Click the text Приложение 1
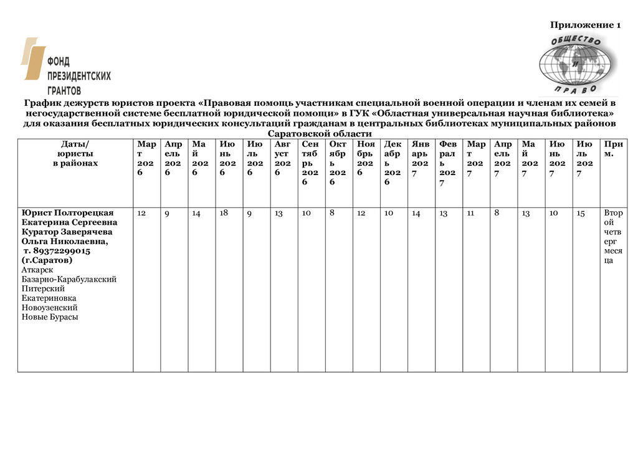pyautogui.click(x=585, y=25)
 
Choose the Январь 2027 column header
pyautogui.click(x=420, y=158)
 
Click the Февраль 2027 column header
pyautogui.click(x=447, y=163)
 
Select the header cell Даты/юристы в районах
pyautogui.click(x=75, y=153)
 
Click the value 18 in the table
pyautogui.click(x=224, y=213)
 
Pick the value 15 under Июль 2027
pyautogui.click(x=581, y=214)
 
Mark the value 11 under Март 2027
pyautogui.click(x=470, y=213)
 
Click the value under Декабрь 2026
pyautogui.click(x=389, y=214)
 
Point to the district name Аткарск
pyautogui.click(x=37, y=270)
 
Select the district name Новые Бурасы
pyautogui.click(x=50, y=317)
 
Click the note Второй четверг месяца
pyautogui.click(x=612, y=237)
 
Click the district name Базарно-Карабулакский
pyautogui.click(x=69, y=279)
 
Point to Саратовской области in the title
pyautogui.click(x=319, y=134)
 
